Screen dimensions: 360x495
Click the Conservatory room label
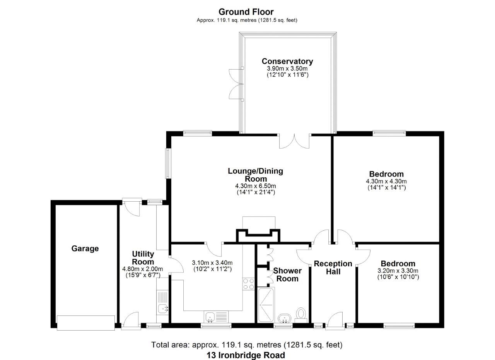point(287,61)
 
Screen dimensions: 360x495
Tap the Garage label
point(85,249)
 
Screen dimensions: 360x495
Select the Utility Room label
point(143,258)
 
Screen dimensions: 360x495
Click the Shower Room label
point(288,274)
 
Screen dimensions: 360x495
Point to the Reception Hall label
point(333,267)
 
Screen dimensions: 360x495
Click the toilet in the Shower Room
point(301,314)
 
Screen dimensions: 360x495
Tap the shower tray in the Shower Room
point(265,305)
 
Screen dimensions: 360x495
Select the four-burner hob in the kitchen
point(248,284)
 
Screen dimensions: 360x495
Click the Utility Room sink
point(163,309)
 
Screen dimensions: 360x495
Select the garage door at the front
point(85,322)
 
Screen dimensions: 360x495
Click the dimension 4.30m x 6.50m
point(256,186)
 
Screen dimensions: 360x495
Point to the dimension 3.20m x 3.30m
point(398,271)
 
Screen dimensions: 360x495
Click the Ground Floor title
point(246,12)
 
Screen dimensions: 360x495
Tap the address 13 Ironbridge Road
point(246,355)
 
